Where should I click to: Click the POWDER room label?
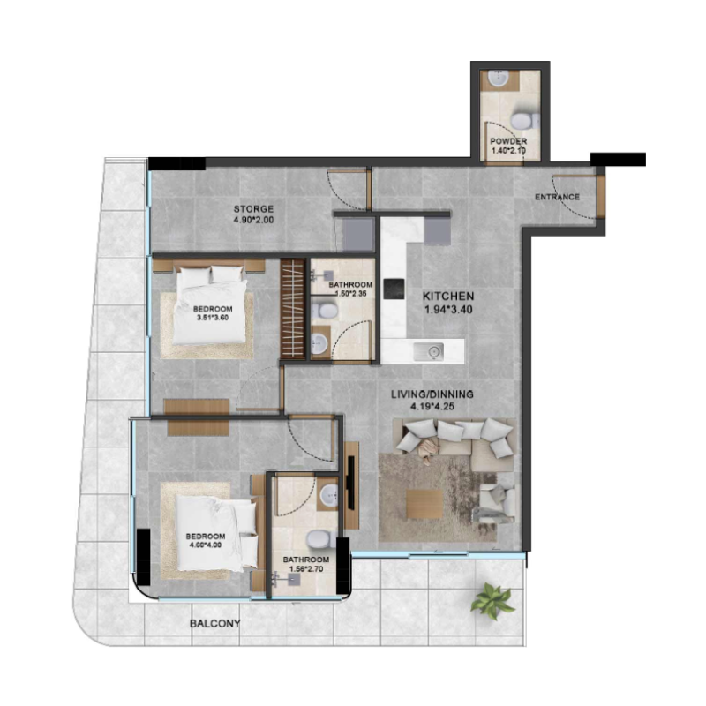[x=508, y=141]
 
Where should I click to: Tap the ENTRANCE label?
[x=557, y=197]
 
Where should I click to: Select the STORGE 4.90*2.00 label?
[x=253, y=214]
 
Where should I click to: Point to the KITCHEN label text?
[x=448, y=297]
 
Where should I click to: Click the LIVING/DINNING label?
[x=432, y=394]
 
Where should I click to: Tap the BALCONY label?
[x=214, y=624]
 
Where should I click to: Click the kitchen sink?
[x=429, y=351]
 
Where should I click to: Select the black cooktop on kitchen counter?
[x=394, y=289]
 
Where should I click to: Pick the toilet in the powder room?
[x=525, y=120]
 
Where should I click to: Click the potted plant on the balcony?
[x=492, y=601]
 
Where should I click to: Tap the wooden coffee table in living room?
[x=424, y=504]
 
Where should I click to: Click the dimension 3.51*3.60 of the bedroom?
[x=213, y=318]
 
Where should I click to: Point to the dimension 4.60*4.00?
[x=205, y=545]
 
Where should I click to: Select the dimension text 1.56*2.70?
[x=306, y=568]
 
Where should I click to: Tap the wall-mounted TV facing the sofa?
[x=350, y=483]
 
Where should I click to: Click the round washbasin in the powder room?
[x=498, y=79]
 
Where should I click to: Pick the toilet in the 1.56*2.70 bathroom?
[x=320, y=539]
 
